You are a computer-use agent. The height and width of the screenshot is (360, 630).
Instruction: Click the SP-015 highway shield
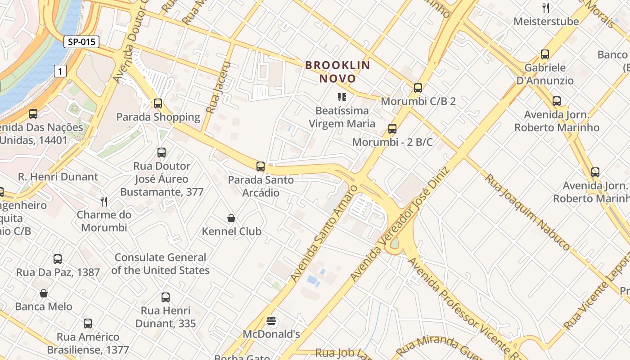81,42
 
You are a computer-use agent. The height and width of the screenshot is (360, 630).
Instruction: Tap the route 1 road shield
60,71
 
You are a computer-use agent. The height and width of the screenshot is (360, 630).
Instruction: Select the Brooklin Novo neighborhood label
338,72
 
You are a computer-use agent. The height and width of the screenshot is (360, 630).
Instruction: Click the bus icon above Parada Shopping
157,103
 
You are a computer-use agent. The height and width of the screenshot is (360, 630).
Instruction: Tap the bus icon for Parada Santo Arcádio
261,166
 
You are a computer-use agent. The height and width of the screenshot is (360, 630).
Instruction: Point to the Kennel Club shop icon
231,218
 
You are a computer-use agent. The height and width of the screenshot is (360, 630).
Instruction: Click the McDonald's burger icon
271,321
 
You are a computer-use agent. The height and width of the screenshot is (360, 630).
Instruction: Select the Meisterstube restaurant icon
546,8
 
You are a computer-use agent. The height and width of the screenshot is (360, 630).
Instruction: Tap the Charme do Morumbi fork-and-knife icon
104,201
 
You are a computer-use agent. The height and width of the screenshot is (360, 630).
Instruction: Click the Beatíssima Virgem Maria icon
342,97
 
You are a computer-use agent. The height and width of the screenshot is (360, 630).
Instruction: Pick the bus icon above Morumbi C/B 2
418,88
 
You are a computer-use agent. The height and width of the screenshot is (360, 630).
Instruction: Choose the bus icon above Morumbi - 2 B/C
392,129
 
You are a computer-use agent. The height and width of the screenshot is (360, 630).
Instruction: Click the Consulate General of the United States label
160,264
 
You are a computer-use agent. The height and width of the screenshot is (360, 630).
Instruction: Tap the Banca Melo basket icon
44,293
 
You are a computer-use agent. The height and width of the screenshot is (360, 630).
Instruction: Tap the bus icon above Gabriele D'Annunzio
545,54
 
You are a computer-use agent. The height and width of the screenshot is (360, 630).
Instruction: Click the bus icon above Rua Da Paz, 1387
58,259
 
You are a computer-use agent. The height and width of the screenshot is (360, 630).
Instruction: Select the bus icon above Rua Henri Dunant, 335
166,297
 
